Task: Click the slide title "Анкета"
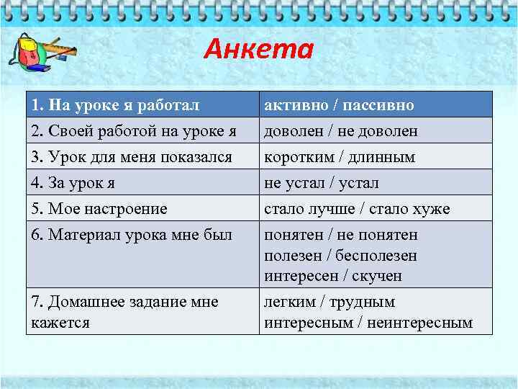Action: pyautogui.click(x=258, y=50)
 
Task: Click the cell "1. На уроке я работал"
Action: pyautogui.click(x=114, y=105)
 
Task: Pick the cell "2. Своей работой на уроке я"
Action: pyautogui.click(x=133, y=131)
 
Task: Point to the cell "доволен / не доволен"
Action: pyautogui.click(x=340, y=131)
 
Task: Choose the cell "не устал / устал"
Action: pyautogui.click(x=321, y=183)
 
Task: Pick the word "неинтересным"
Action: pyautogui.click(x=419, y=322)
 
